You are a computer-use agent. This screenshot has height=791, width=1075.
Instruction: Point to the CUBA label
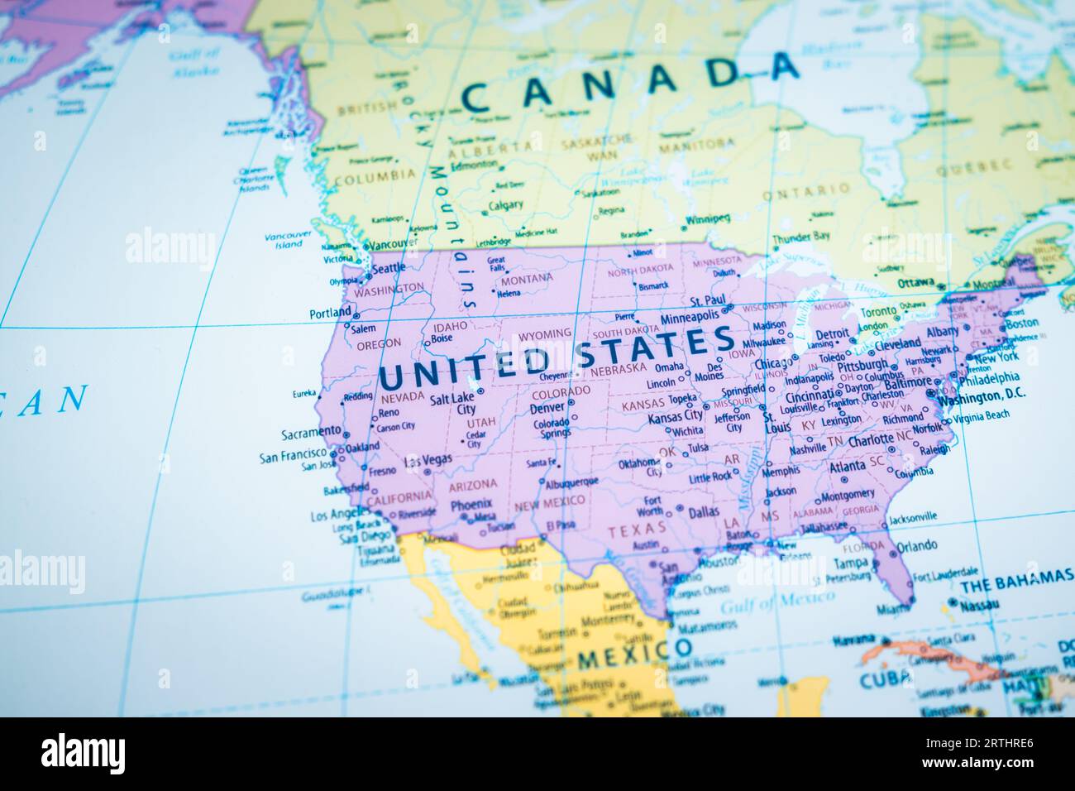click(x=883, y=678)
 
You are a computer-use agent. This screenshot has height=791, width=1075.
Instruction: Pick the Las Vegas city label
click(x=428, y=461)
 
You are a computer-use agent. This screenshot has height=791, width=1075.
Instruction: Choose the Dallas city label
click(x=703, y=512)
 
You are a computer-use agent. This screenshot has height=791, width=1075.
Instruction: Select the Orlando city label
click(x=917, y=546)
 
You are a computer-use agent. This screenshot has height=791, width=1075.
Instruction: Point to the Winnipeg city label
click(x=708, y=220)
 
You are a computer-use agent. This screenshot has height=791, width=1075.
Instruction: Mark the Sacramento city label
click(x=311, y=432)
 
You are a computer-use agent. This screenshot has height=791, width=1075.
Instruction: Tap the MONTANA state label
click(x=526, y=279)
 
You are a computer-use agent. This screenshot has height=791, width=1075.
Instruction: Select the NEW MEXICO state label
click(x=549, y=501)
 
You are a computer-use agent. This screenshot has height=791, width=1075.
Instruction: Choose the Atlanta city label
click(x=848, y=467)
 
